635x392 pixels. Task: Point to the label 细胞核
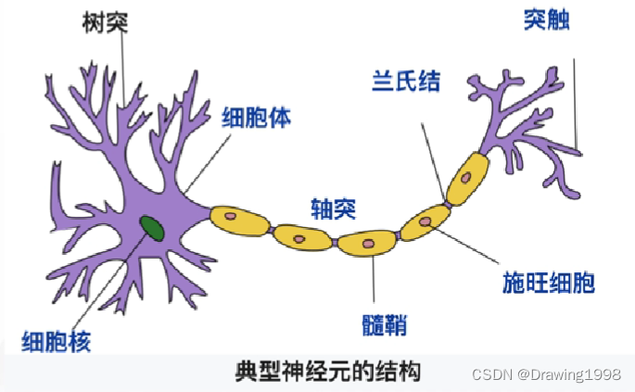[57, 342]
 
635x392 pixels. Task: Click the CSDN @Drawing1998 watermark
[546, 374]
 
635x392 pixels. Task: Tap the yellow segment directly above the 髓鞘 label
[367, 243]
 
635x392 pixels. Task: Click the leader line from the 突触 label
[575, 102]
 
